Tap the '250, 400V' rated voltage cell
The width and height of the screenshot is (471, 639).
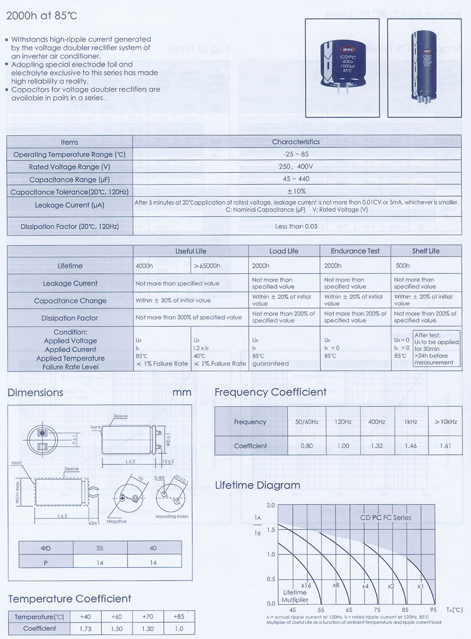296,167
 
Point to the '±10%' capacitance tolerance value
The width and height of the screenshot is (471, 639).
296,191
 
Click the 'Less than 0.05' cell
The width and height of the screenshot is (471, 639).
296,226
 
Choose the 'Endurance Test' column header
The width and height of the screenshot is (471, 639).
355,251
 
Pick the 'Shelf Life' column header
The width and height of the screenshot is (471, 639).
426,251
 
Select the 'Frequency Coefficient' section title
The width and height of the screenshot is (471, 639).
271,392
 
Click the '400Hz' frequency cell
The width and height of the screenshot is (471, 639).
377,421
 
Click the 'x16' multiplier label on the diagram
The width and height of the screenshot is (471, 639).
306,586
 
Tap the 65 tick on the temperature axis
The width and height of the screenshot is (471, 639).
349,609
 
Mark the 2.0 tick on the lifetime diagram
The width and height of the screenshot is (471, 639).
271,505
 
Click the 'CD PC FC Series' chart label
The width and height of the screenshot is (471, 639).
386,518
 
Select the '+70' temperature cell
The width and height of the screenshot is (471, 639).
149,616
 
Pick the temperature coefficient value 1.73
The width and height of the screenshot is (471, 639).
86,628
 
